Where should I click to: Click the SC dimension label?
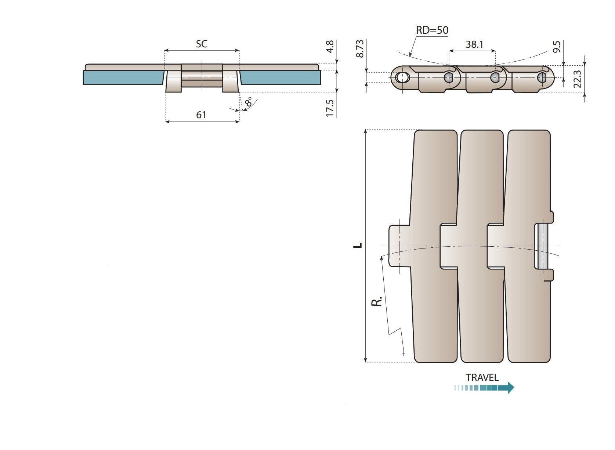[x=201, y=44]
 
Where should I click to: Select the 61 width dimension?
[x=201, y=115]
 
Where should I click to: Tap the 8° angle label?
[x=249, y=102]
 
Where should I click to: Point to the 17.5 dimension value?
[x=330, y=108]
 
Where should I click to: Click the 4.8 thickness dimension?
[x=330, y=47]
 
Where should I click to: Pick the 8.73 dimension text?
[x=360, y=48]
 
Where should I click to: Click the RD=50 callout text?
[x=432, y=30]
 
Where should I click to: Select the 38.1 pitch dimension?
[x=474, y=45]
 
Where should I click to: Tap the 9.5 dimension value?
[x=556, y=47]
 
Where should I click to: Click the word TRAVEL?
[x=482, y=377]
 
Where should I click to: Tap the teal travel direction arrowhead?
[x=510, y=388]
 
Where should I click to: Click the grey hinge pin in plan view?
[x=543, y=246]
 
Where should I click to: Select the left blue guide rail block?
[x=123, y=77]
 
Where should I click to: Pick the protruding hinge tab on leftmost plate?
[x=399, y=246]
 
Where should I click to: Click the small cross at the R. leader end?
[x=404, y=354]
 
